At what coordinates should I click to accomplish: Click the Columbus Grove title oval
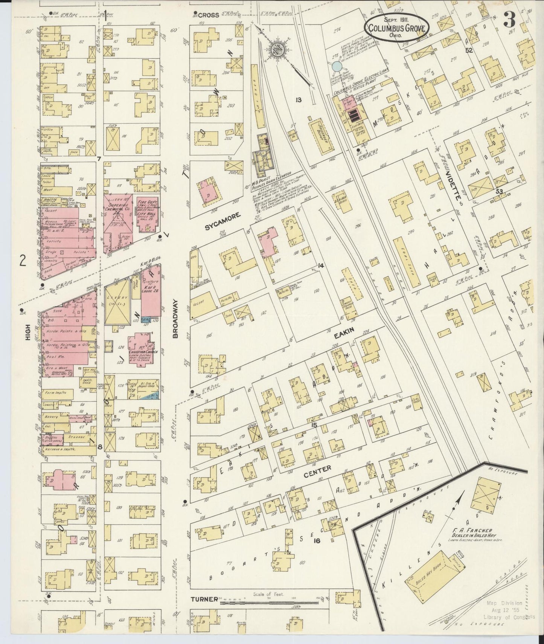coord(396,27)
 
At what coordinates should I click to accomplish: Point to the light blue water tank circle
coord(337,66)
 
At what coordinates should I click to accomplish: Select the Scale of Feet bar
coord(264,602)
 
